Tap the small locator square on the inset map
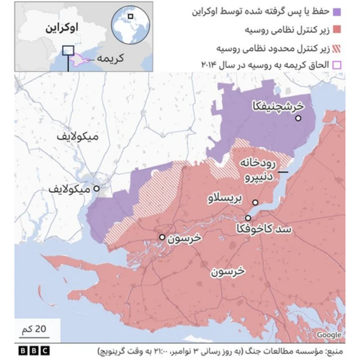point(68,51)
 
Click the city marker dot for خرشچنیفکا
point(298,118)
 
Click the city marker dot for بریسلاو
point(255,202)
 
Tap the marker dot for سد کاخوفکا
point(248,218)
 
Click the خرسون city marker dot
point(162,237)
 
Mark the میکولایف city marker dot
point(97,189)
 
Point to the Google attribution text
point(329,335)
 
